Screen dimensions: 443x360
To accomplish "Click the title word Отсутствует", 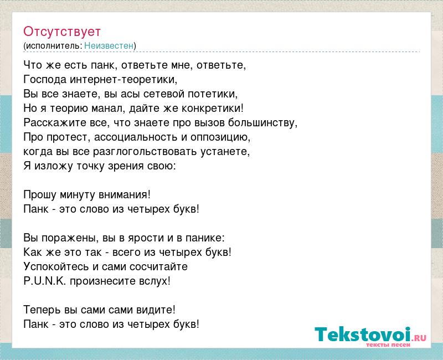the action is [x=62, y=32].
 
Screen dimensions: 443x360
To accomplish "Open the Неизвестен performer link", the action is [x=109, y=45].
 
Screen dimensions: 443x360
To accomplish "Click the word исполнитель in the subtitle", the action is [x=54, y=46].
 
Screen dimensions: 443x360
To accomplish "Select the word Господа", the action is [x=45, y=80].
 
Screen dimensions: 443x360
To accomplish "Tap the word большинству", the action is [x=262, y=123].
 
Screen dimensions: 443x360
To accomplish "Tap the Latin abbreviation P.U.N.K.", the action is [x=45, y=281].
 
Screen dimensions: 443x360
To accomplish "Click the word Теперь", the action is [x=42, y=310].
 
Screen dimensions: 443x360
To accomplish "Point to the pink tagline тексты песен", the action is [x=388, y=344].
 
